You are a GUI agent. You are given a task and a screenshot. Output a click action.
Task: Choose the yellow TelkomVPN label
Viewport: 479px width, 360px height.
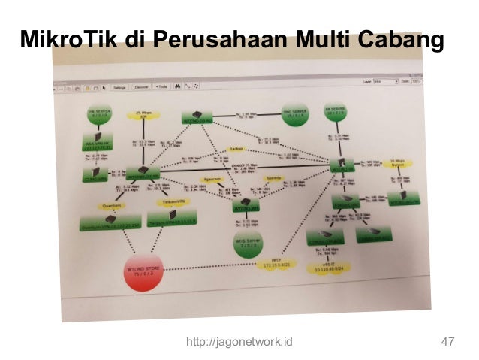[x=171, y=202]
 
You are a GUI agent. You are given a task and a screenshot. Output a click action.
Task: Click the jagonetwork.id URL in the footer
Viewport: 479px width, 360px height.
[x=239, y=343]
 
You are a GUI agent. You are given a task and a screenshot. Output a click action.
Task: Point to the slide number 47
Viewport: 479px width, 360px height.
[x=448, y=343]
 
